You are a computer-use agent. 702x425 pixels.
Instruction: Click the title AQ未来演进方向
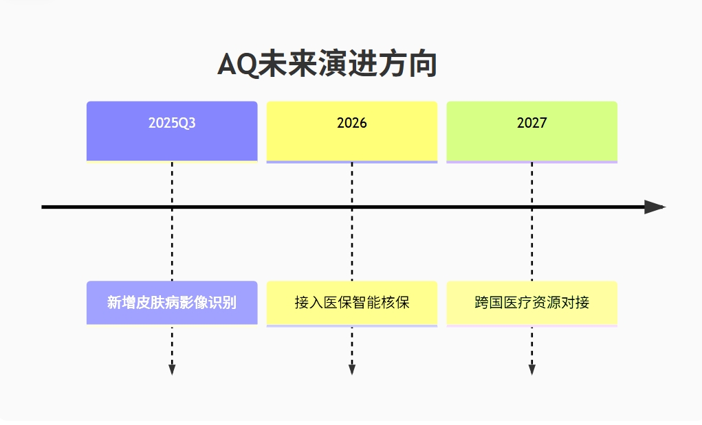[x=327, y=65]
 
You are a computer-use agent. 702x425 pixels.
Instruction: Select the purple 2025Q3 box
[x=172, y=131]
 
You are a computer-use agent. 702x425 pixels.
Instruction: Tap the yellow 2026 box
[x=352, y=131]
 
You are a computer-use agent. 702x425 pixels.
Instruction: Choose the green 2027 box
[x=532, y=131]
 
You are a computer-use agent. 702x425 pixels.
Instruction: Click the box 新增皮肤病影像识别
[x=172, y=303]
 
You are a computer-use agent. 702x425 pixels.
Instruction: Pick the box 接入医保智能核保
[x=352, y=303]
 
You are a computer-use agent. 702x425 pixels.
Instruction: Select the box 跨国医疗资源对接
[x=532, y=303]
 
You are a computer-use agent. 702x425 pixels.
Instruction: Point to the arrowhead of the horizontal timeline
[x=655, y=207]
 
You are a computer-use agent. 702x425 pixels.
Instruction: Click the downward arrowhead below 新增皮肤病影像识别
[x=172, y=369]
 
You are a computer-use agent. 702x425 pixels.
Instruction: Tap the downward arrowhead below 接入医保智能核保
[x=352, y=369]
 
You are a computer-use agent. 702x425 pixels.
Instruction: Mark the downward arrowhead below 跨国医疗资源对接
[x=532, y=369]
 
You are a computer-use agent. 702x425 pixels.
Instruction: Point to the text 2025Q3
[x=172, y=123]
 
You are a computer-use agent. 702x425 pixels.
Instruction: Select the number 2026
[x=352, y=123]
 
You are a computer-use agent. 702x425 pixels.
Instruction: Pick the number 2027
[x=532, y=123]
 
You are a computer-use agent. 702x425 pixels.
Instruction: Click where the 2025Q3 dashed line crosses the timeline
[x=172, y=207]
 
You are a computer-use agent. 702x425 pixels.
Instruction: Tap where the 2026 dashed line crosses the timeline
[x=352, y=207]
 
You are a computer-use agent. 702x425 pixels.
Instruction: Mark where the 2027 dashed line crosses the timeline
[x=532, y=207]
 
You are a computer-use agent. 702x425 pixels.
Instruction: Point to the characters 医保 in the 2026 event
[x=338, y=303]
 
